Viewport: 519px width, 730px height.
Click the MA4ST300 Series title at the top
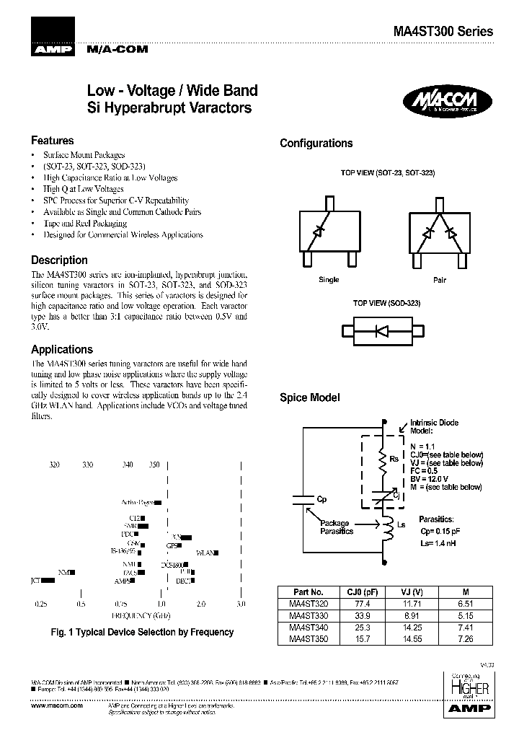tap(443, 32)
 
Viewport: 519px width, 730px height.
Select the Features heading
tap(53, 141)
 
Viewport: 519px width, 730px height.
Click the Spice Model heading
tap(309, 397)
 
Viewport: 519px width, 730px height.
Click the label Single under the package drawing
tap(328, 280)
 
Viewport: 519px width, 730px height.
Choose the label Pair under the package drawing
tap(439, 280)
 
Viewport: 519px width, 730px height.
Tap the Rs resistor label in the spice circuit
tap(394, 459)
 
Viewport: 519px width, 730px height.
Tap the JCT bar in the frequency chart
tap(48, 579)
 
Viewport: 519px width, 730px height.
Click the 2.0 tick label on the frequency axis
tap(201, 603)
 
